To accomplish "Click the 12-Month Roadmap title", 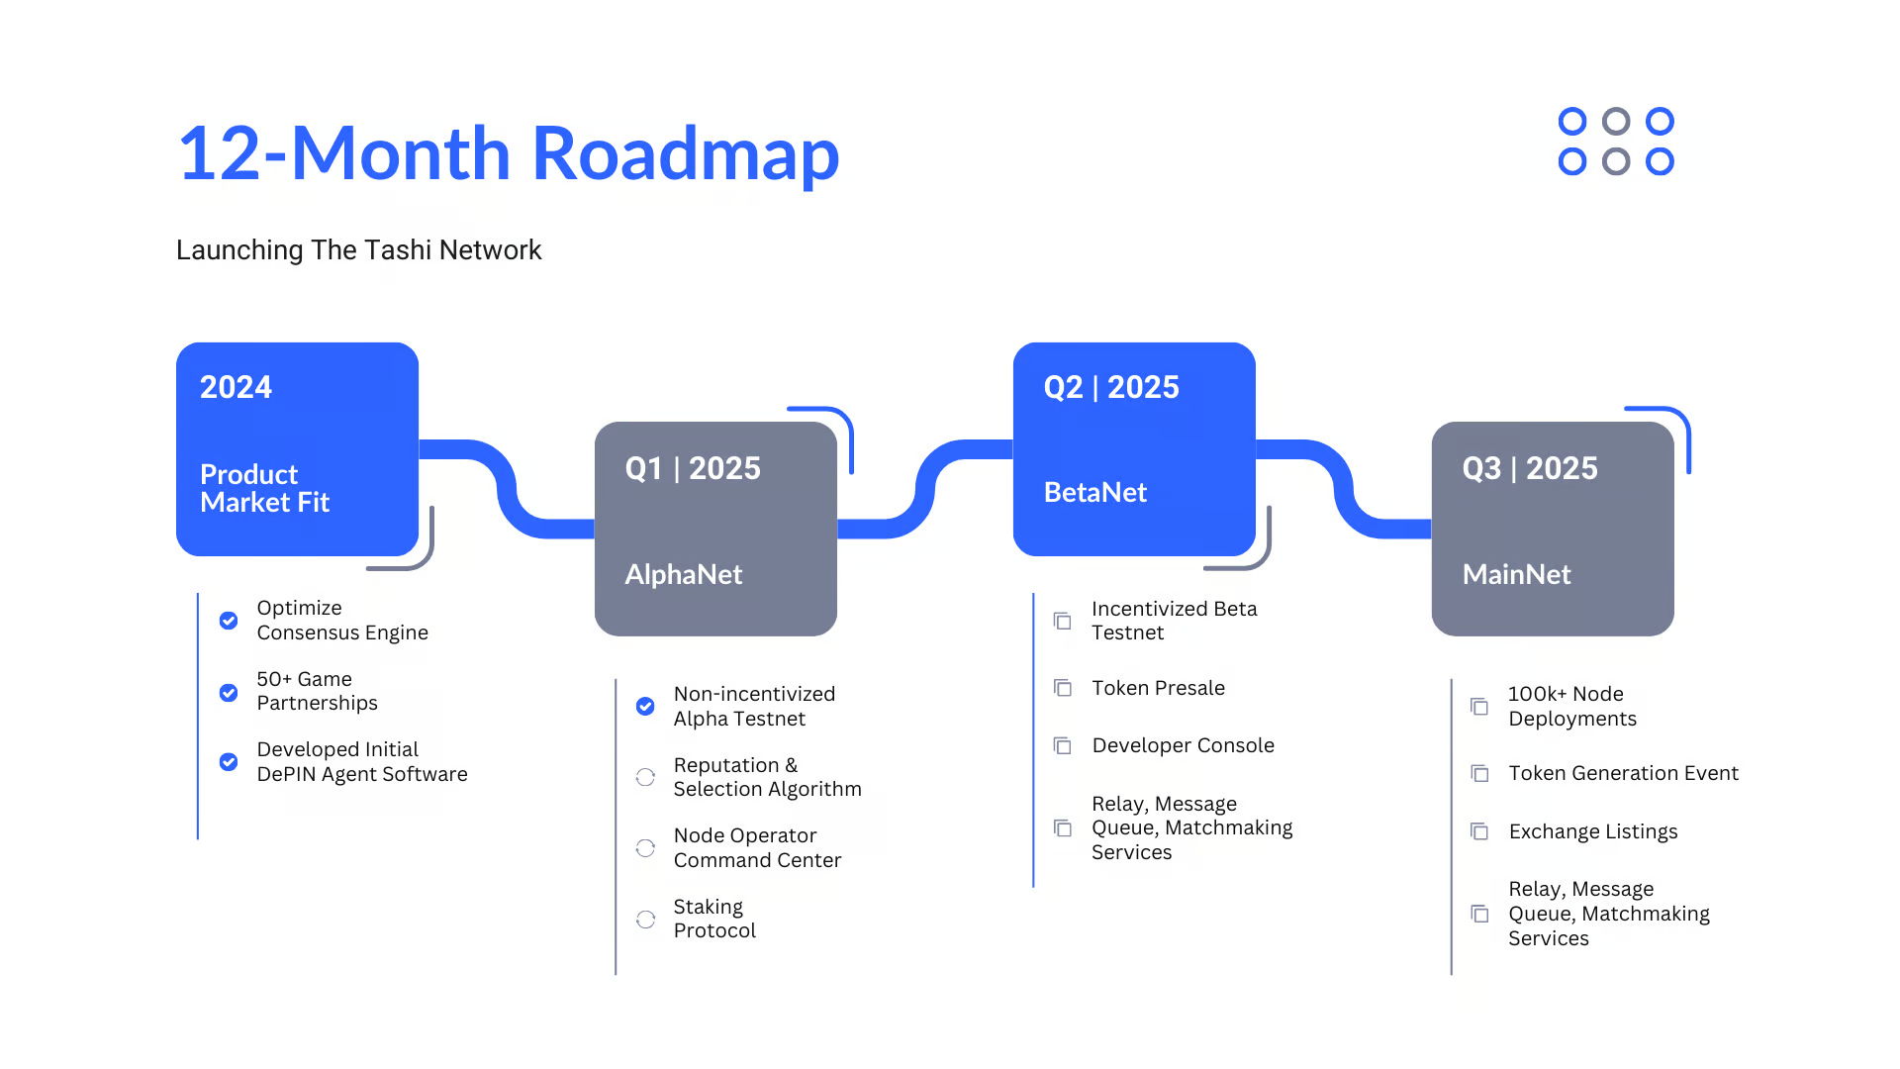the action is [x=508, y=154].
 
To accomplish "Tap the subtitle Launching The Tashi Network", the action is [x=358, y=250].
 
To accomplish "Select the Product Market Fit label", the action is [x=264, y=488].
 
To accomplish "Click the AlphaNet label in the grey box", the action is [x=683, y=574].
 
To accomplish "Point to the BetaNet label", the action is [x=1094, y=492].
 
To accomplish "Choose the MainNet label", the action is [x=1516, y=574].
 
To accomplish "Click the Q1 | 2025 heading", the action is [x=693, y=468].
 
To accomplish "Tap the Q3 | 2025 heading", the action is [x=1530, y=468].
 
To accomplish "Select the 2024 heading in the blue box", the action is [x=236, y=387].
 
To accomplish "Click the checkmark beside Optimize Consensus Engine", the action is [x=229, y=621].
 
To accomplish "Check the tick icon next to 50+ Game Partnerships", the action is [x=229, y=693].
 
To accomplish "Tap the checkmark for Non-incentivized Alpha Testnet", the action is [x=645, y=706].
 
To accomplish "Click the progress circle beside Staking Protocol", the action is [x=645, y=920].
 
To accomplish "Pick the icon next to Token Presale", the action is [x=1063, y=688].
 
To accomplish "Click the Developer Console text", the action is [x=1183, y=745].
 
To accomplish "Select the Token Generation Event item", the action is [x=1623, y=773].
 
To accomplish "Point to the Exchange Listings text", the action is [x=1593, y=831].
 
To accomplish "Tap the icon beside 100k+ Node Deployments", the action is [x=1479, y=707].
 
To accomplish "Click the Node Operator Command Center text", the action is [x=757, y=848].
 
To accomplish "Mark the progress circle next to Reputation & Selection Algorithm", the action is [x=645, y=777].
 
